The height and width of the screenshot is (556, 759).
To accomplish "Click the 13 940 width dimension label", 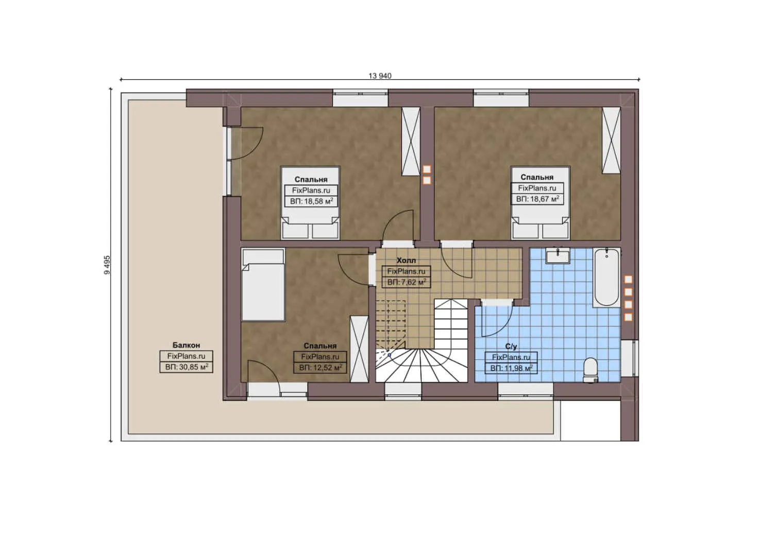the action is pyautogui.click(x=380, y=76).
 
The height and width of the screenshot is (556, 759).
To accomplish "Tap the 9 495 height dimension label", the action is pyautogui.click(x=107, y=265).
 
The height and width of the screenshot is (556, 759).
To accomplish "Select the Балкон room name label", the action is pyautogui.click(x=186, y=345).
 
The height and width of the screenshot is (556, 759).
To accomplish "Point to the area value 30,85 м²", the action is pyautogui.click(x=187, y=367).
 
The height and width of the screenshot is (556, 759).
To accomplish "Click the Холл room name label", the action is pyautogui.click(x=406, y=260).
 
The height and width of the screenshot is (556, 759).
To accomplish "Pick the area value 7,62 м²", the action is pyautogui.click(x=406, y=282).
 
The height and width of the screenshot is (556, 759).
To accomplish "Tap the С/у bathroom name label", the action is pyautogui.click(x=511, y=346).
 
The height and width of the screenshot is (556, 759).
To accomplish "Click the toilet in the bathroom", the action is pyautogui.click(x=591, y=370).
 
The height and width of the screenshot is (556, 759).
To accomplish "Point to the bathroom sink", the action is pyautogui.click(x=558, y=256).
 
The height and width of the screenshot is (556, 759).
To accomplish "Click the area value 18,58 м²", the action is pyautogui.click(x=311, y=201).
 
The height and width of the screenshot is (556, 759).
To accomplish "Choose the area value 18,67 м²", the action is pyautogui.click(x=537, y=199).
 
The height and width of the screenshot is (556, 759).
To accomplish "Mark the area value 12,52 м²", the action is pyautogui.click(x=320, y=368).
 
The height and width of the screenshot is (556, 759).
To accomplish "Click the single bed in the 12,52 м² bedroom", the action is pyautogui.click(x=263, y=284).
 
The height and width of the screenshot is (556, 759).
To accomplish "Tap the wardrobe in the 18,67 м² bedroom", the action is pyautogui.click(x=611, y=141).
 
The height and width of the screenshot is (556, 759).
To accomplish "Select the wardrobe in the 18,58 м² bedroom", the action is pyautogui.click(x=411, y=142).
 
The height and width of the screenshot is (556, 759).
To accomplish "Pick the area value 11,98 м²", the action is pyautogui.click(x=511, y=368).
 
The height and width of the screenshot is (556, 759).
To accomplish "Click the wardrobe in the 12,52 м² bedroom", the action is pyautogui.click(x=359, y=349).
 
